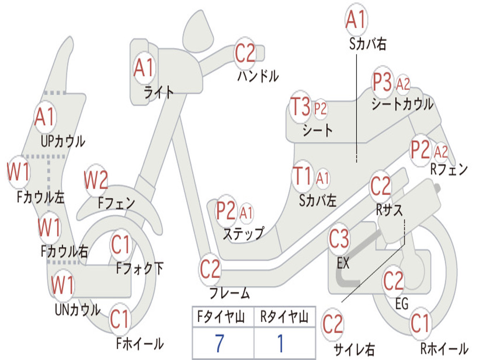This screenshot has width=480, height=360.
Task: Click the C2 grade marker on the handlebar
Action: [x=245, y=53]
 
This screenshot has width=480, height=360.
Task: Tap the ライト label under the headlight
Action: [x=158, y=92]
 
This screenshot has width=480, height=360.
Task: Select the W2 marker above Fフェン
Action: [x=96, y=180]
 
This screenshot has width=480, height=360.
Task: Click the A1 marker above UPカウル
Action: [x=45, y=117]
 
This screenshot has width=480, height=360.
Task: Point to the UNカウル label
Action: [x=78, y=310]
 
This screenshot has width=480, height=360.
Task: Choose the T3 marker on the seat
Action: [x=300, y=106]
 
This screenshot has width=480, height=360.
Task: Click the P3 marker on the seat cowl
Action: [x=382, y=82]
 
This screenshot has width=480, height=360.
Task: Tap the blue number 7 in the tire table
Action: [x=219, y=343]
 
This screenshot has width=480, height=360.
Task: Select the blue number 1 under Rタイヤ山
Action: [x=281, y=343]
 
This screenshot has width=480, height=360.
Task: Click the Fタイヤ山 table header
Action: [x=221, y=317]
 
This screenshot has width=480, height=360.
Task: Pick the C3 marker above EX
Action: [x=339, y=239]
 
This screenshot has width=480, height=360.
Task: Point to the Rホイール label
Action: [x=444, y=349]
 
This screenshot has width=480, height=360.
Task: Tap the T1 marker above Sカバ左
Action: [x=302, y=176]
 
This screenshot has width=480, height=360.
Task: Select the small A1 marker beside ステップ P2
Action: [x=246, y=212]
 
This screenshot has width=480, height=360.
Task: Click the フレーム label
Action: [x=230, y=293]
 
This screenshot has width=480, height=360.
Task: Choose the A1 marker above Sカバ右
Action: [x=356, y=20]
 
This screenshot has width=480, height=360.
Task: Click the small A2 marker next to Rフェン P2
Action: [x=441, y=151]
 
